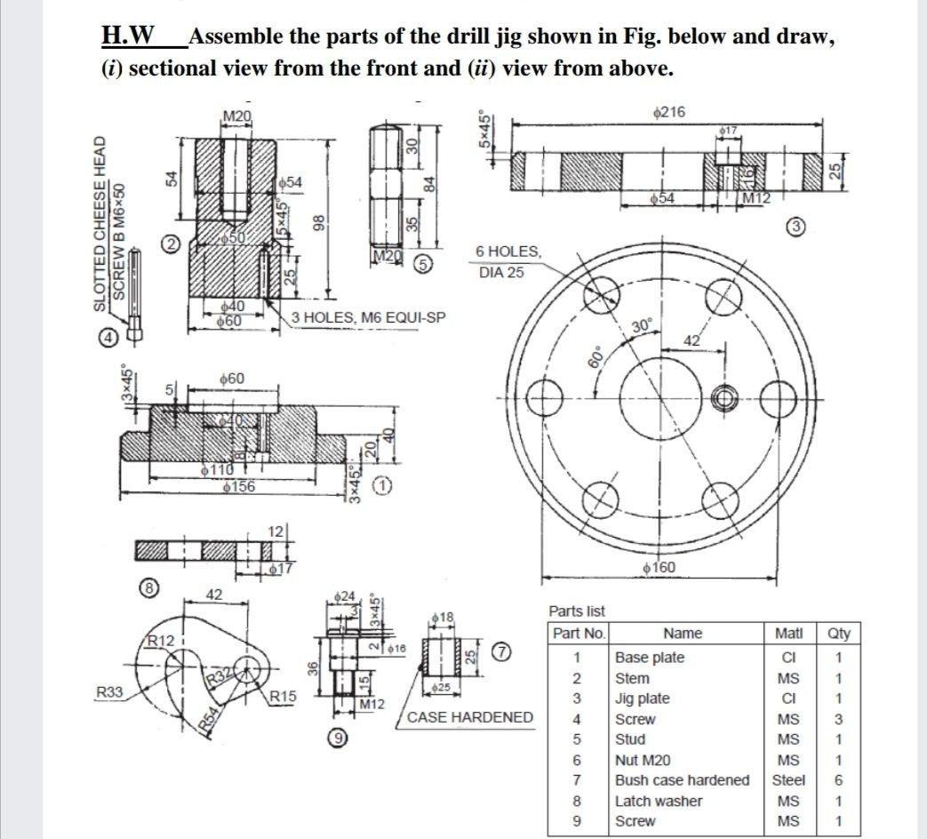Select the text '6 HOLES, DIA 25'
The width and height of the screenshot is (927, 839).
pos(508,261)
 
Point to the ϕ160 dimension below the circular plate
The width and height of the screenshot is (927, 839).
pos(657,567)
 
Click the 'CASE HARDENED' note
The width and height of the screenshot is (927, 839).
pos(470,716)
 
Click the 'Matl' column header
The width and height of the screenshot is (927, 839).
pos(788,634)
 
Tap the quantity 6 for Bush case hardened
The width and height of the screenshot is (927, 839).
pos(838,779)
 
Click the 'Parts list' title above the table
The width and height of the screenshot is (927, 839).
pos(576,611)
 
